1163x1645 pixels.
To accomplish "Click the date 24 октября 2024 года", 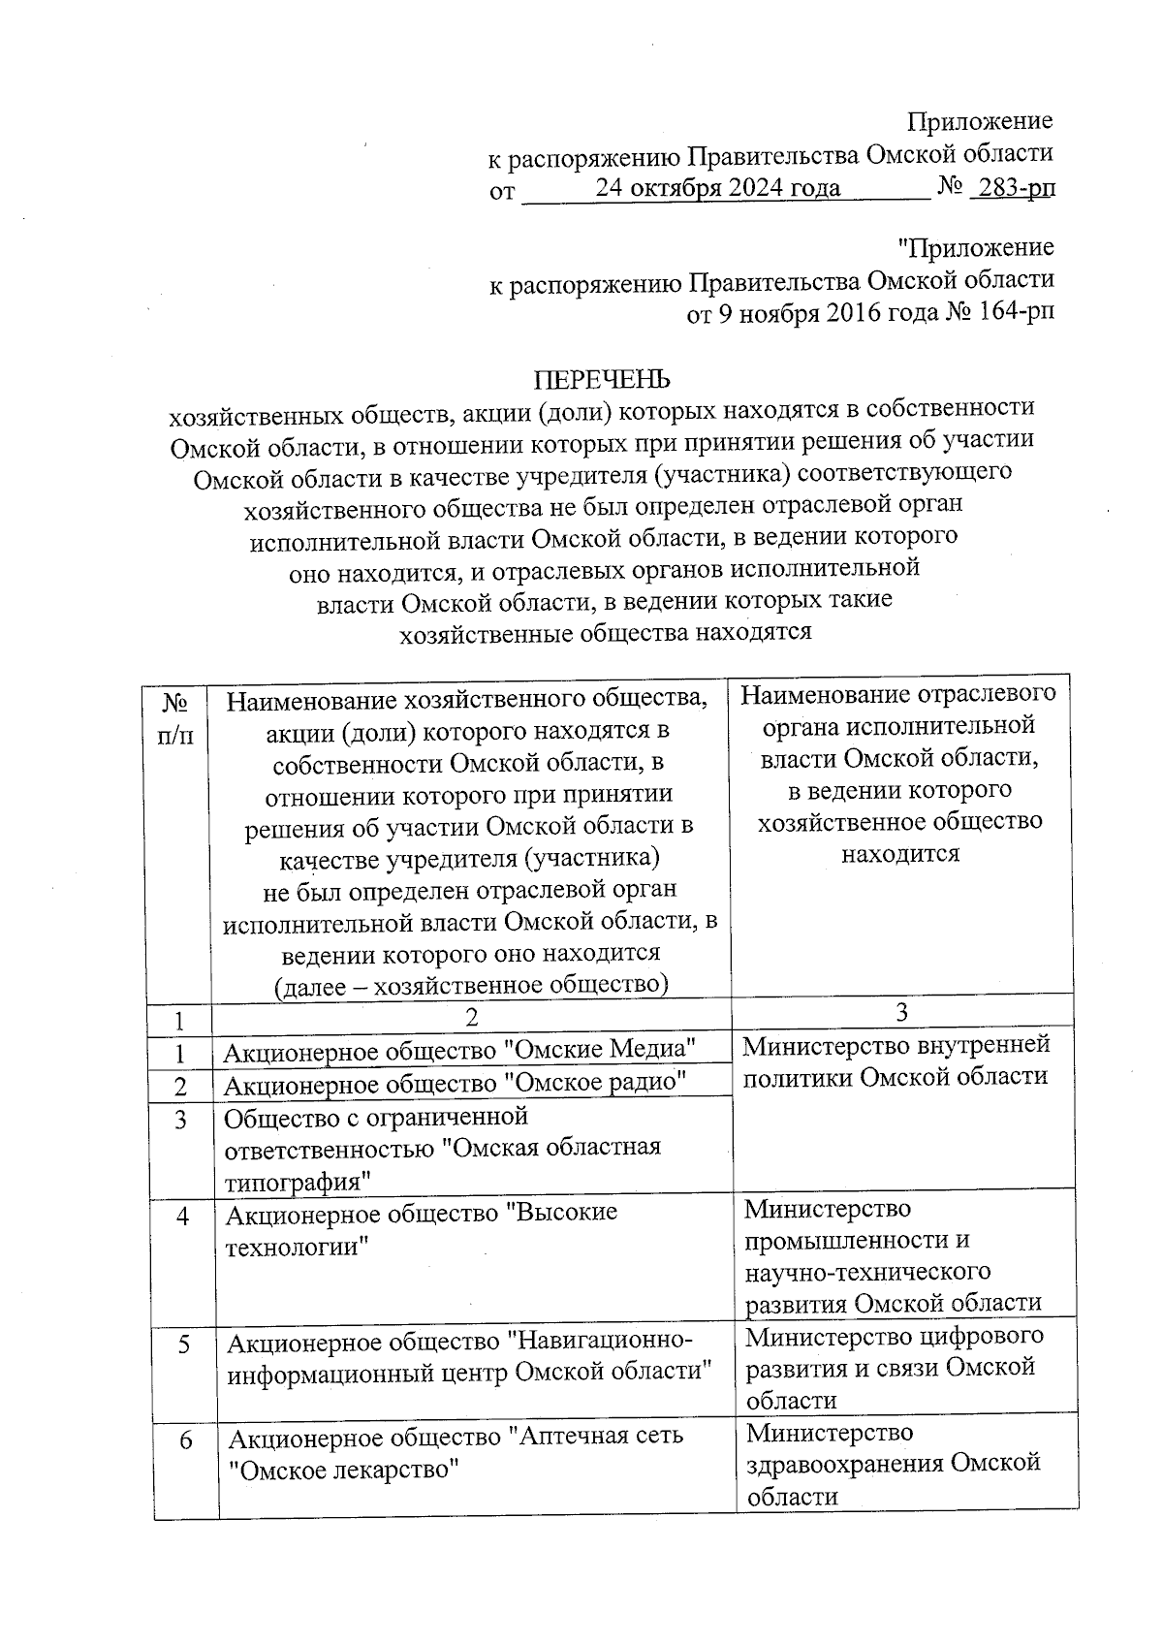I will (x=717, y=187).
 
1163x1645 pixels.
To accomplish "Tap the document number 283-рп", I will (x=1014, y=187).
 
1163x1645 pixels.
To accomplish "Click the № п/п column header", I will (x=174, y=717).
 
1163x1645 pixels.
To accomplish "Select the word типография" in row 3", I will (x=299, y=1182).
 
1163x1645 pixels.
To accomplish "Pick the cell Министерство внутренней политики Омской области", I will (x=896, y=1060).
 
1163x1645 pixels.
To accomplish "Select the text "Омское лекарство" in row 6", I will (x=341, y=1470).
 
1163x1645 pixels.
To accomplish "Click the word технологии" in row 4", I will (x=299, y=1247).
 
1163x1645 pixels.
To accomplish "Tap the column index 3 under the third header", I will (x=901, y=1012).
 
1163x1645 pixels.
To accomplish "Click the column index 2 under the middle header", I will (x=472, y=1017).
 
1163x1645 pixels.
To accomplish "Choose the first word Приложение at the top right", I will (x=979, y=121).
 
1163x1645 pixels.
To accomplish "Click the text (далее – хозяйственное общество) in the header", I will (x=472, y=985).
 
